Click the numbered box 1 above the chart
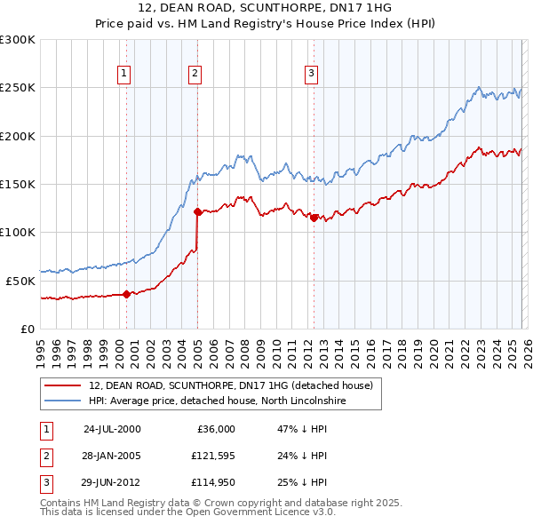(123, 75)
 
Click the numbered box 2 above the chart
(195, 75)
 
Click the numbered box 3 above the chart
(312, 75)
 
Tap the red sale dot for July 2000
(126, 294)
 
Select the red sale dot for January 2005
(197, 211)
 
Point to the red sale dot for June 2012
(314, 217)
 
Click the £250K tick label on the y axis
(17, 88)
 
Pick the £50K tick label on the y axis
(20, 281)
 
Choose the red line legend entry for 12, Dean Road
(235, 385)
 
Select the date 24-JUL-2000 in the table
(112, 429)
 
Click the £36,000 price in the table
(212, 429)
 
